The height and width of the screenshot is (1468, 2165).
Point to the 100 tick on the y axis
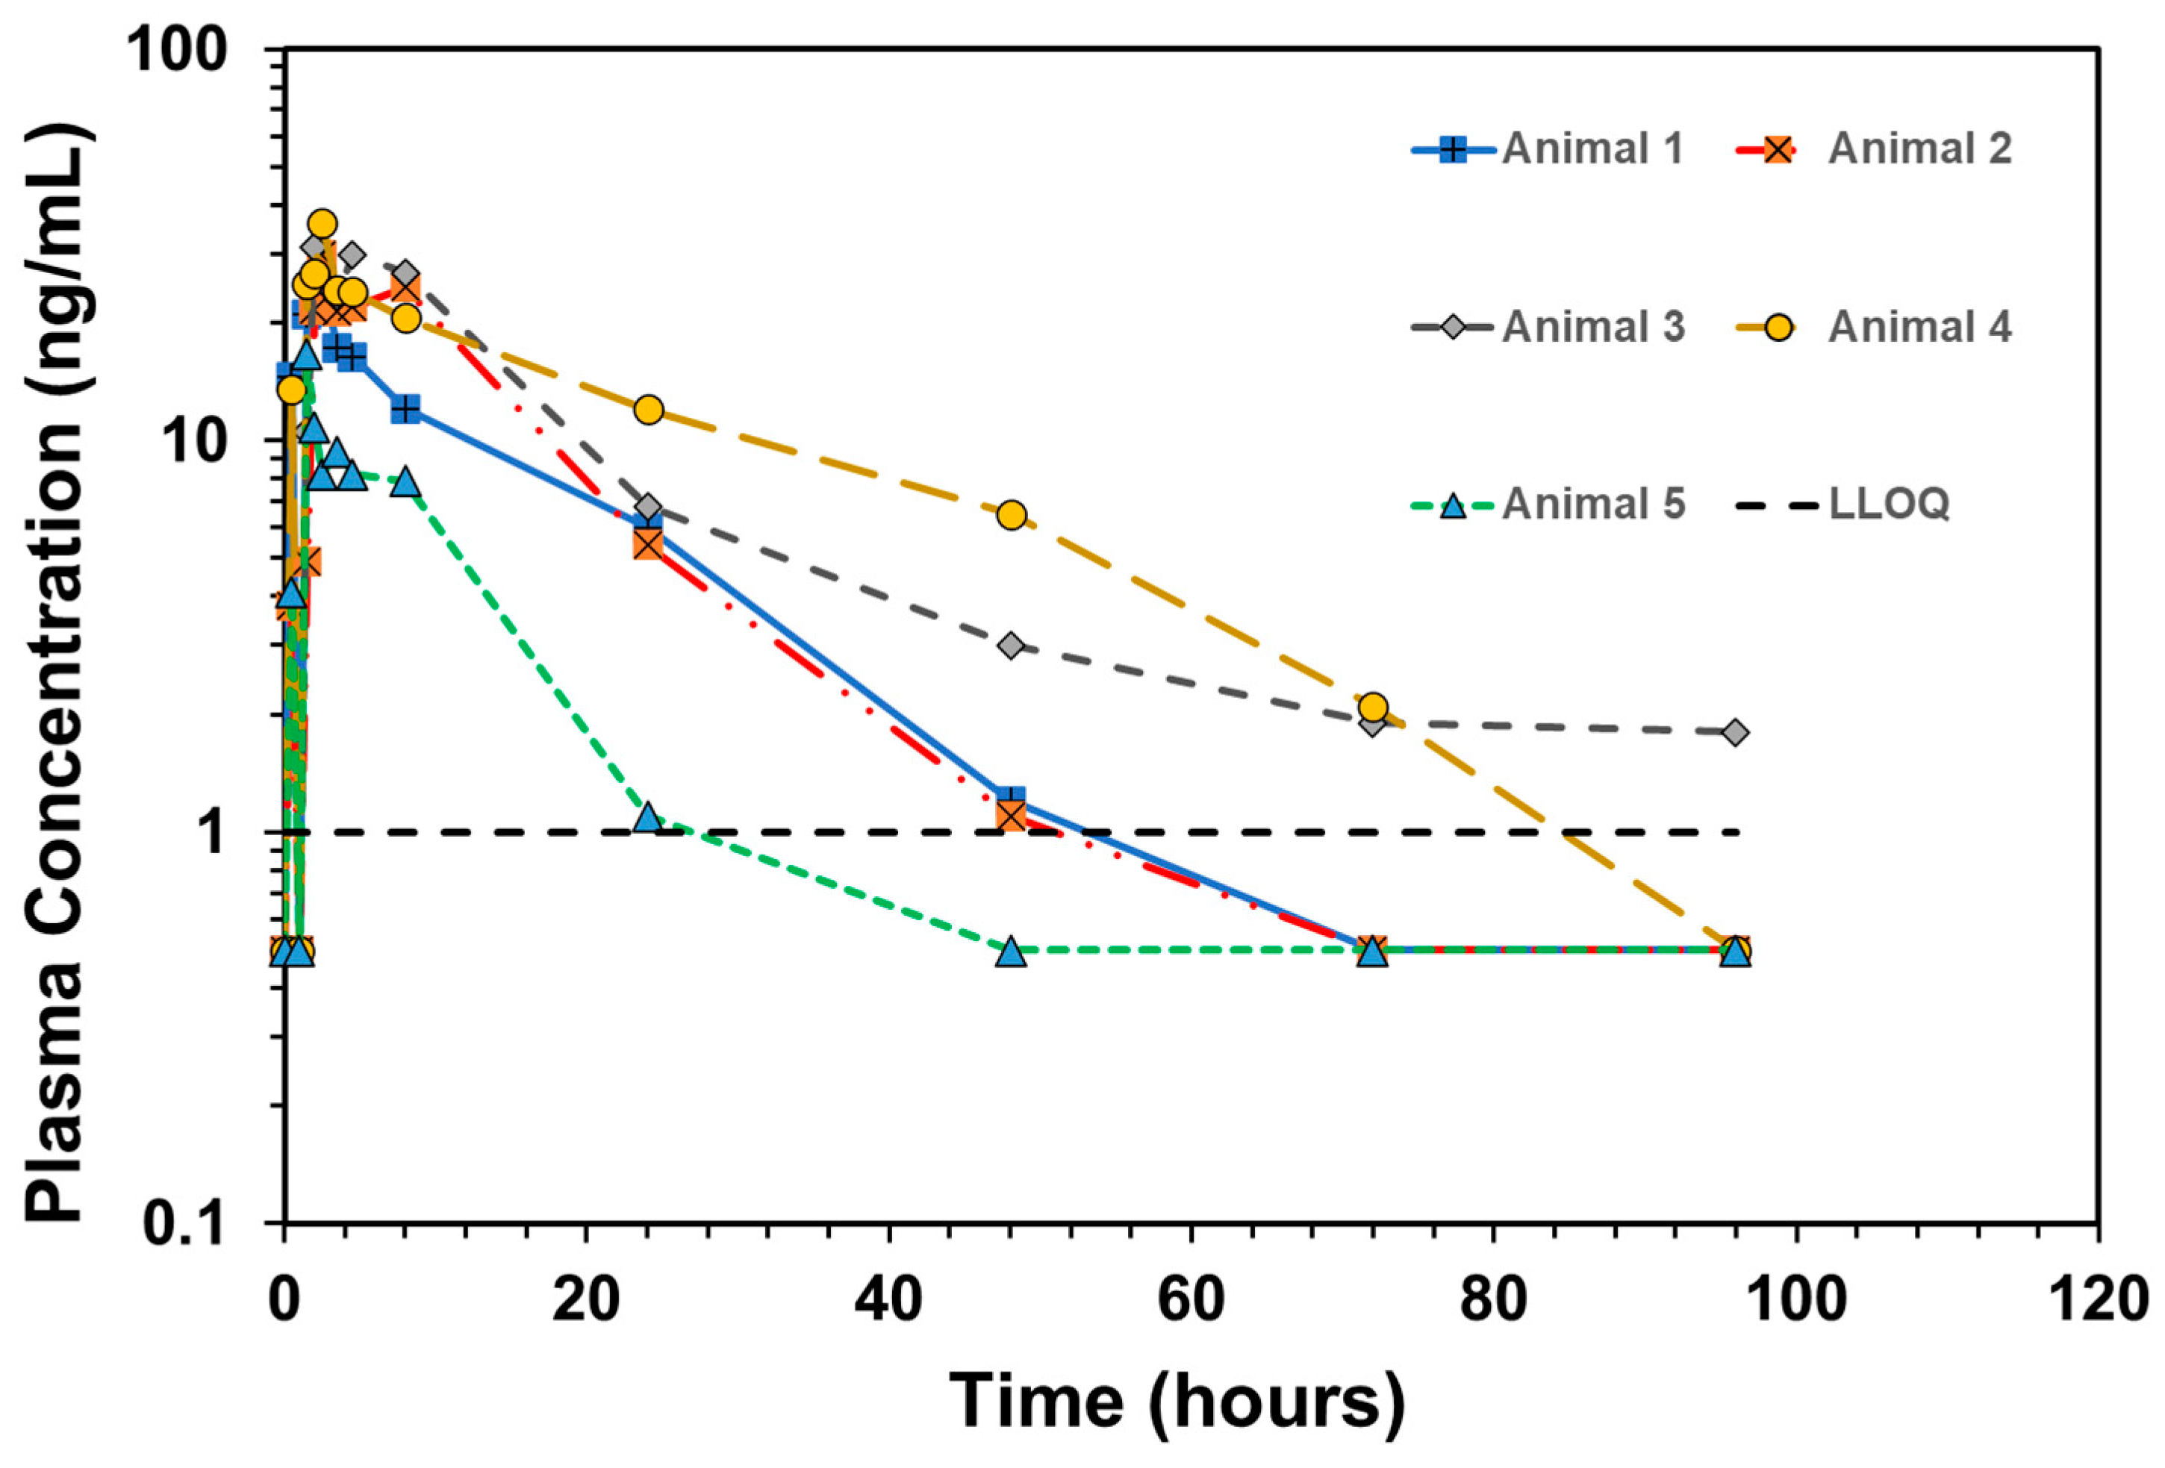coord(177,49)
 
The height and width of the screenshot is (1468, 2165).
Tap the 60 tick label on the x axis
coord(1191,1299)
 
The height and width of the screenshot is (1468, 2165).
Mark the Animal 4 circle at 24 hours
coord(649,410)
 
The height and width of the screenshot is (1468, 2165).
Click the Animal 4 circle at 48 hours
coord(1011,515)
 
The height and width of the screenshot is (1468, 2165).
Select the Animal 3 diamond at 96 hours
coord(1734,732)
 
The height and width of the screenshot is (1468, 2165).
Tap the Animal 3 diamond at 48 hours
coord(1011,646)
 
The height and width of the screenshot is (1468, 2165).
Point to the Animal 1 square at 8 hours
coord(405,409)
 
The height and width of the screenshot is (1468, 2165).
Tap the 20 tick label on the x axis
coord(586,1299)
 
